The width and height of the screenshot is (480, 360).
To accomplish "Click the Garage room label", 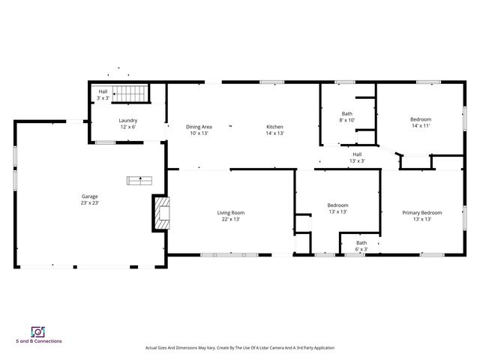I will pos(89,196).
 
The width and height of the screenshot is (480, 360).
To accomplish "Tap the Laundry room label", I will pos(127,120).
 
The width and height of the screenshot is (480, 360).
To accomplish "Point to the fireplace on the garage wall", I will pos(160,212).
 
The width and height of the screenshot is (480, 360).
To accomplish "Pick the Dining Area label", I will pos(199,127).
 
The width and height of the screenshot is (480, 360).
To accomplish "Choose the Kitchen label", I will pos(274,127).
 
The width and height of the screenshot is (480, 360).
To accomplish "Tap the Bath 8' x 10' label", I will pos(346,113).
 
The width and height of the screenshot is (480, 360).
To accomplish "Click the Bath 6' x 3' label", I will pos(361,242).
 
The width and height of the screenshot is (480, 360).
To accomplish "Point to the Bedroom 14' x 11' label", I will pos(421,119).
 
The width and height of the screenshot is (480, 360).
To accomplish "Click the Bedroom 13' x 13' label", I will pos(337,205).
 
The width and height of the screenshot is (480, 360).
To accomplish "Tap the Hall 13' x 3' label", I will pos(357,154).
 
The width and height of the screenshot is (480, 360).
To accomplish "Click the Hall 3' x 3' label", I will pos(102,91).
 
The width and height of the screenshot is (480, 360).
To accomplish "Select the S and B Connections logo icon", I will pos(37,331).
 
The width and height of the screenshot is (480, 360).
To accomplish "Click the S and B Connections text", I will pos(38,341).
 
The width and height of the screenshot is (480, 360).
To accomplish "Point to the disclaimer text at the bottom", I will pos(239,348).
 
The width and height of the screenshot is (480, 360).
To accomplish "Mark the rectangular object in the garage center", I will pos(139,180).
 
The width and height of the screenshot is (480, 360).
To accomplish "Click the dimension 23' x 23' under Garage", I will pos(89,203).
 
